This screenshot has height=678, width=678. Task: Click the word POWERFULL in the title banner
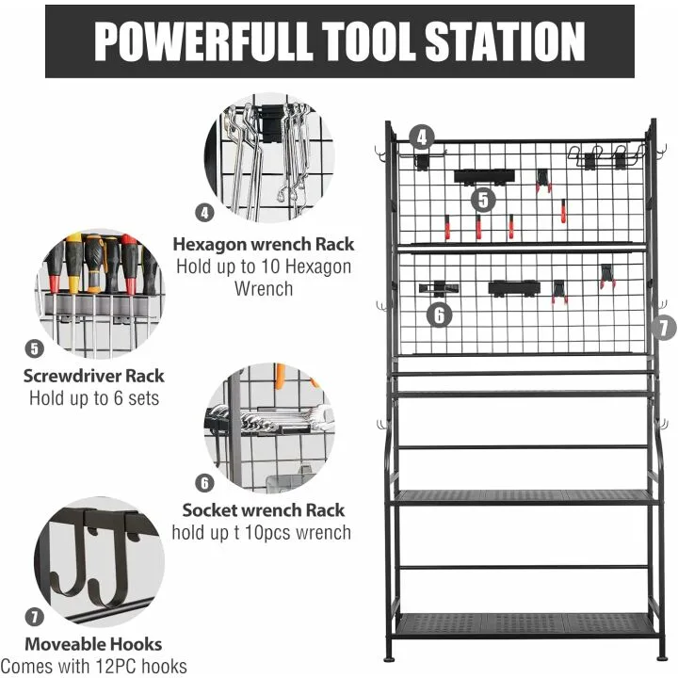pyautogui.click(x=189, y=41)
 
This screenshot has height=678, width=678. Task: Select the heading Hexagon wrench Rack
pyautogui.click(x=263, y=244)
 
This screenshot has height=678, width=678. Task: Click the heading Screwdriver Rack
pyautogui.click(x=94, y=376)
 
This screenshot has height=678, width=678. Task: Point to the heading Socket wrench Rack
pyautogui.click(x=264, y=510)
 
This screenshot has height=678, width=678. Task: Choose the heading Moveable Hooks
pyautogui.click(x=93, y=645)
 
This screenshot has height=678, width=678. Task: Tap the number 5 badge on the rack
pyautogui.click(x=483, y=200)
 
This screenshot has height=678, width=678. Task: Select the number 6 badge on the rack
pyautogui.click(x=439, y=315)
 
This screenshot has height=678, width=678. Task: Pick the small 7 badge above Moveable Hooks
pyautogui.click(x=35, y=618)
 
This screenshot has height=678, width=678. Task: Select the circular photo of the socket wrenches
pyautogui.click(x=263, y=429)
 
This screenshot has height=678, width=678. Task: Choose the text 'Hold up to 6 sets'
pyautogui.click(x=94, y=397)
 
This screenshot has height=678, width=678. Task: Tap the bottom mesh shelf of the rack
pyautogui.click(x=525, y=623)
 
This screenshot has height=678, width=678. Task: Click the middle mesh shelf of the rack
pyautogui.click(x=525, y=496)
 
